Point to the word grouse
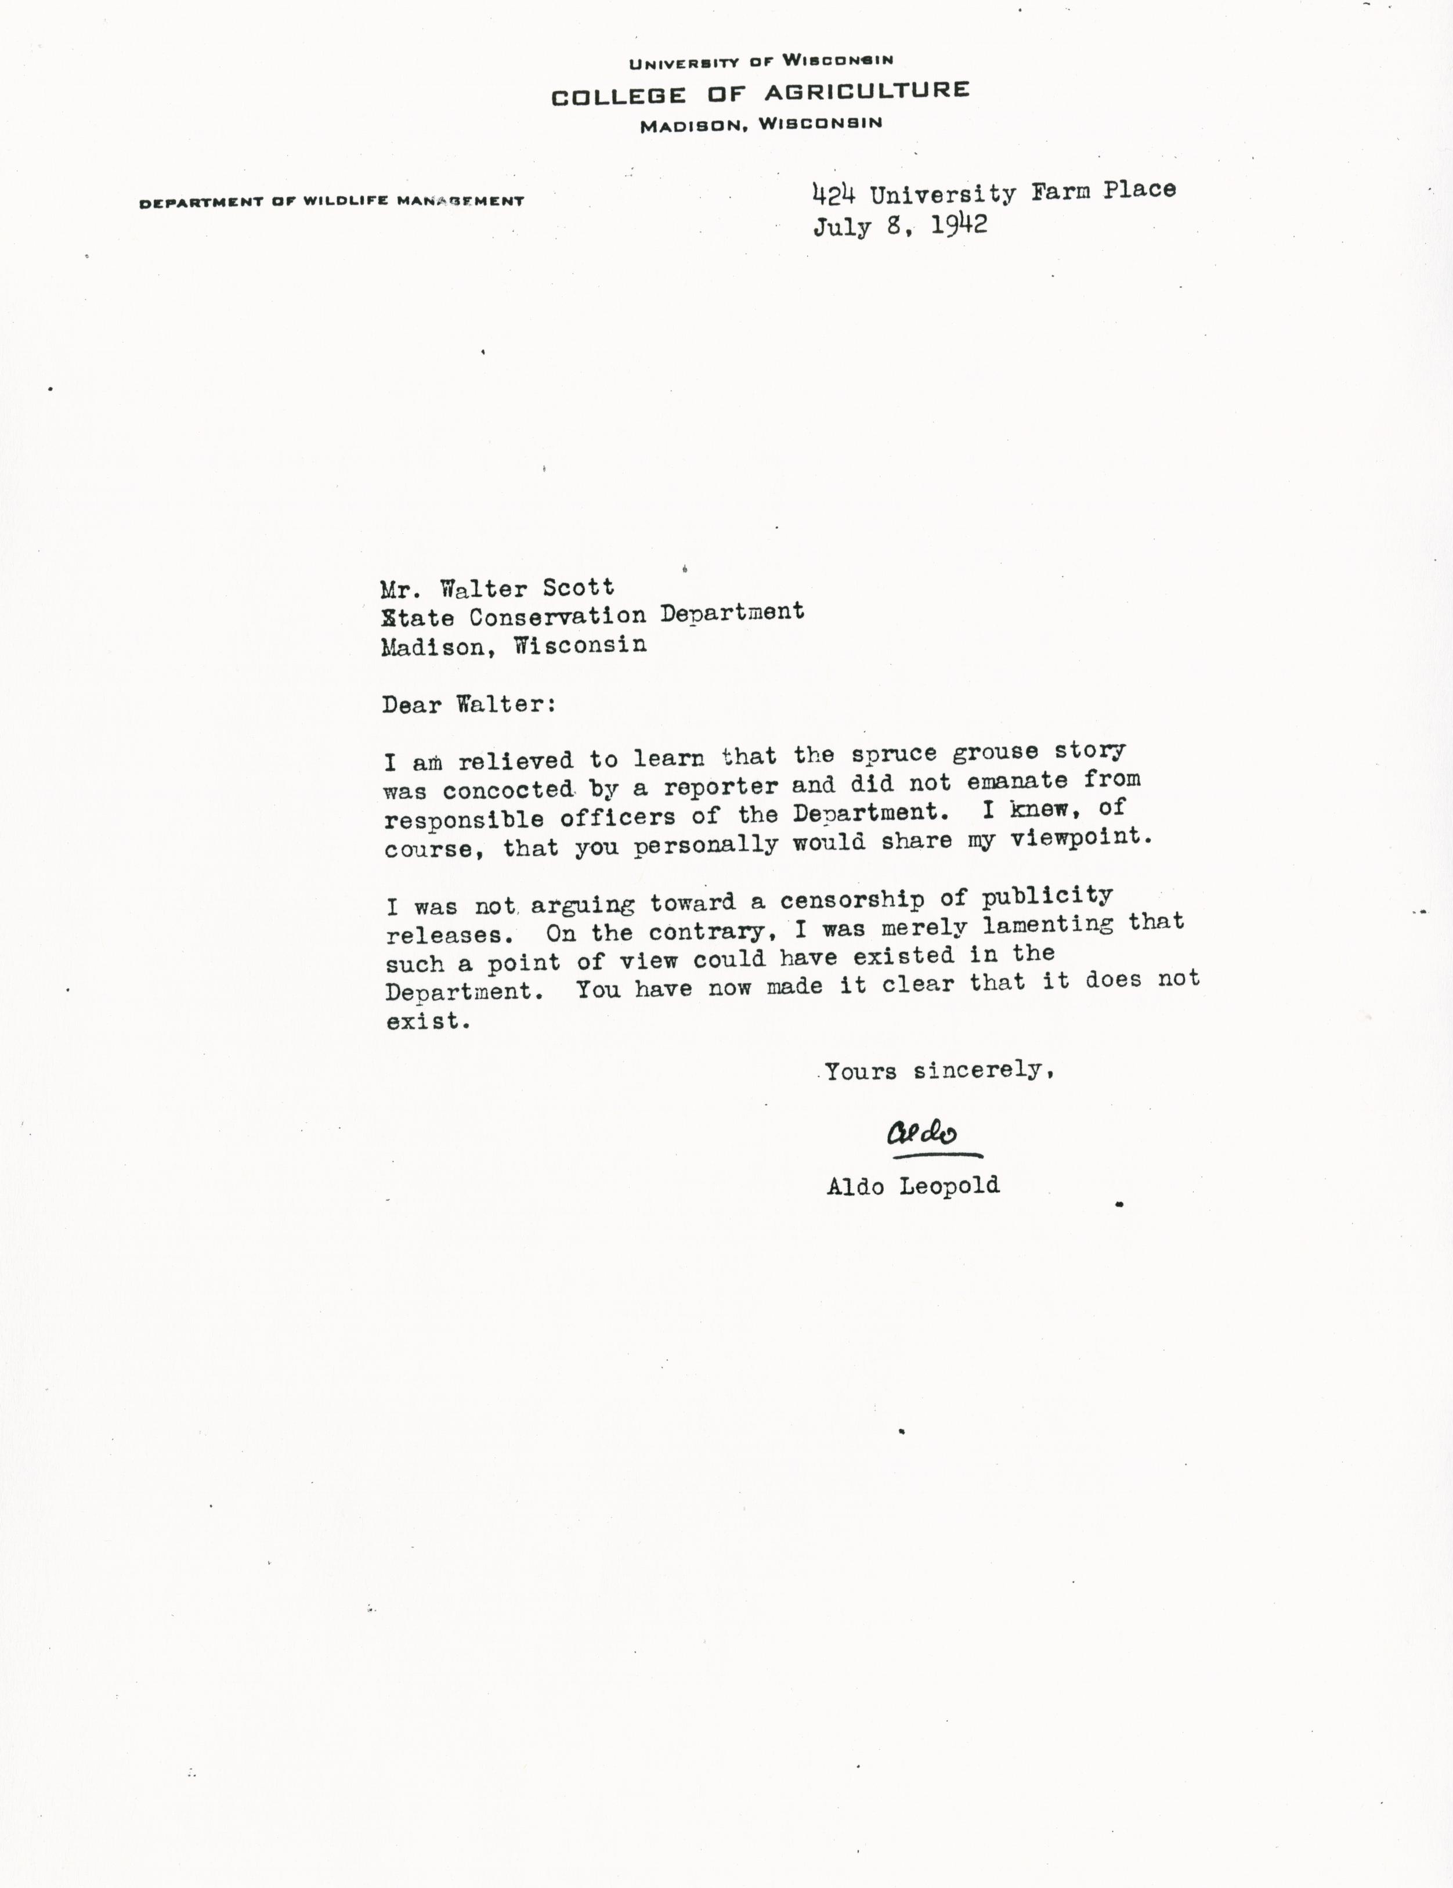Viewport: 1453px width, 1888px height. [x=995, y=752]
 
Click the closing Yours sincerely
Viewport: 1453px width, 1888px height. [x=939, y=1071]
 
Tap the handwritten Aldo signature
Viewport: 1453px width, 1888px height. [x=921, y=1133]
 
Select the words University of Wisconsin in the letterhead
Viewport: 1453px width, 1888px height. [x=761, y=62]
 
